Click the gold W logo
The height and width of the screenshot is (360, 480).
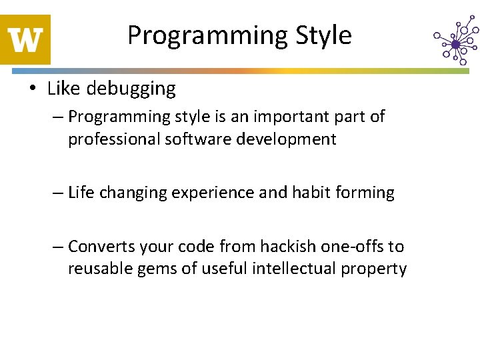coord(25,39)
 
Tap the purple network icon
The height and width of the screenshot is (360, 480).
coord(455,43)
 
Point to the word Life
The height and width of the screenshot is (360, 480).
coord(81,193)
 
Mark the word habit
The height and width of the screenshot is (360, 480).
coord(307,193)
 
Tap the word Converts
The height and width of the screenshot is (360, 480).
coord(101,247)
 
